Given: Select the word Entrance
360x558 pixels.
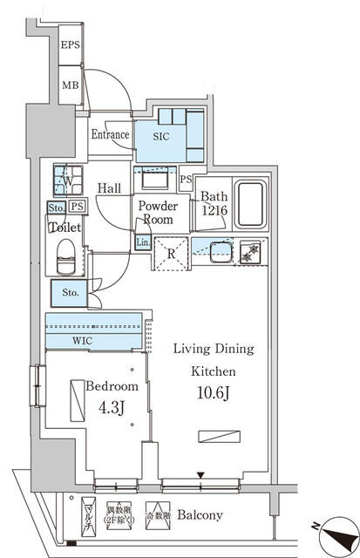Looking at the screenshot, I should pos(111,135).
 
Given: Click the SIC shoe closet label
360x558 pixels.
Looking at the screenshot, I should pos(161,137).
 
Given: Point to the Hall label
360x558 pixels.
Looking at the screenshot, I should pos(109,187).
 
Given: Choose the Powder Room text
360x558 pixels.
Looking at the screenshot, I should pos(159,213).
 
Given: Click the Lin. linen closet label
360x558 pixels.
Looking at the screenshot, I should pos(142,243).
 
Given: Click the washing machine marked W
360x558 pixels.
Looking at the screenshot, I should pos(64,181).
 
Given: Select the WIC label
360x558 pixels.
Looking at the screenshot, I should pos(83,339).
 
